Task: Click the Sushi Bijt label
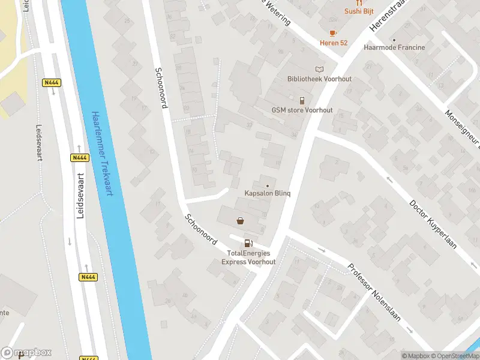(359, 11)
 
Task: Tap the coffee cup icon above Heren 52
(333, 33)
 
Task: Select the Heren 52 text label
(333, 43)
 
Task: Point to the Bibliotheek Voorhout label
(319, 79)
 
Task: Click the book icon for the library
(319, 69)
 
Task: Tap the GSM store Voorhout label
(302, 110)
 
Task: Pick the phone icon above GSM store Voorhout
(302, 100)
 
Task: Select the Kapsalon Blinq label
(268, 193)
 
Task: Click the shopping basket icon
(241, 221)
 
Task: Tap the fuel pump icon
(248, 243)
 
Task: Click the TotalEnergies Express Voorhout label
(248, 257)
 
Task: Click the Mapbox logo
(26, 353)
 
